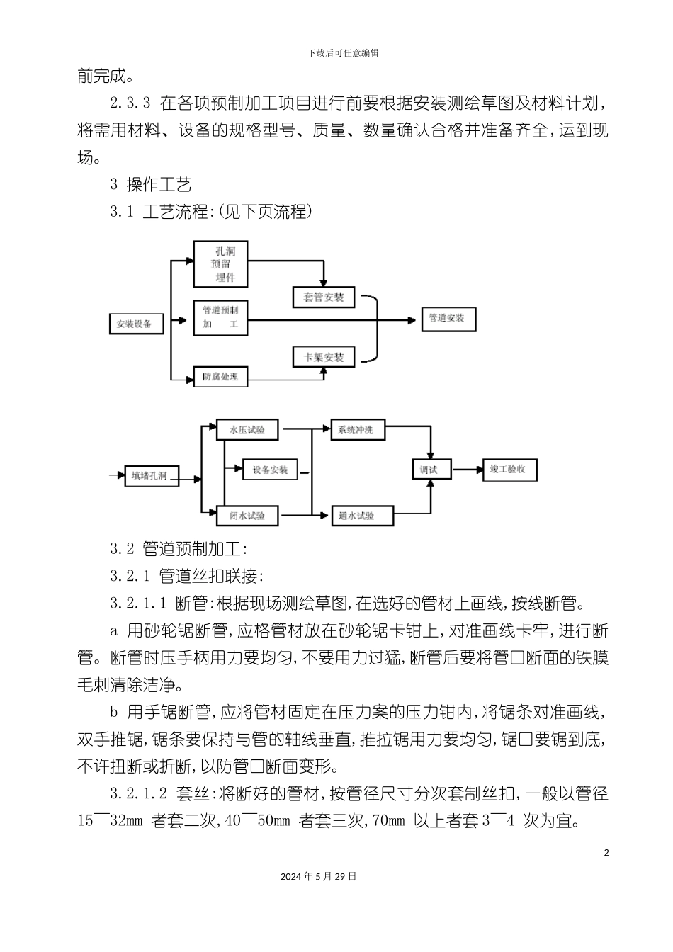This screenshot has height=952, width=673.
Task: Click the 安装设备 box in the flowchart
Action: pos(135,324)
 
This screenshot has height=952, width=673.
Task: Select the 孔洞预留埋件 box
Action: pos(221,263)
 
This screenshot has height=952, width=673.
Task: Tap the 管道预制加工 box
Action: pos(221,318)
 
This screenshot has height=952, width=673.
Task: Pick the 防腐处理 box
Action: pos(221,377)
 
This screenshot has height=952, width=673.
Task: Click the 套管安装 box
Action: pos(324,297)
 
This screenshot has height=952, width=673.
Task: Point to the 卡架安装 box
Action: pos(324,357)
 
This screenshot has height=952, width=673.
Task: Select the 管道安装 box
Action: pos(448,319)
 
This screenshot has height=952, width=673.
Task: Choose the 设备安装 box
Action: pos(271,470)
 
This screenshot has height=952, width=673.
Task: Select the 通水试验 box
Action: pos(356,516)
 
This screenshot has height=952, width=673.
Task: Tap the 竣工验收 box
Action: pos(508,469)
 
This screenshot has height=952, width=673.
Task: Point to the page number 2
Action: pos(606,853)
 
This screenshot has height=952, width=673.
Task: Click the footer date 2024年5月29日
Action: pos(318,876)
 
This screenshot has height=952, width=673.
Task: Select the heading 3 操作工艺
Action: pos(151,185)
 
